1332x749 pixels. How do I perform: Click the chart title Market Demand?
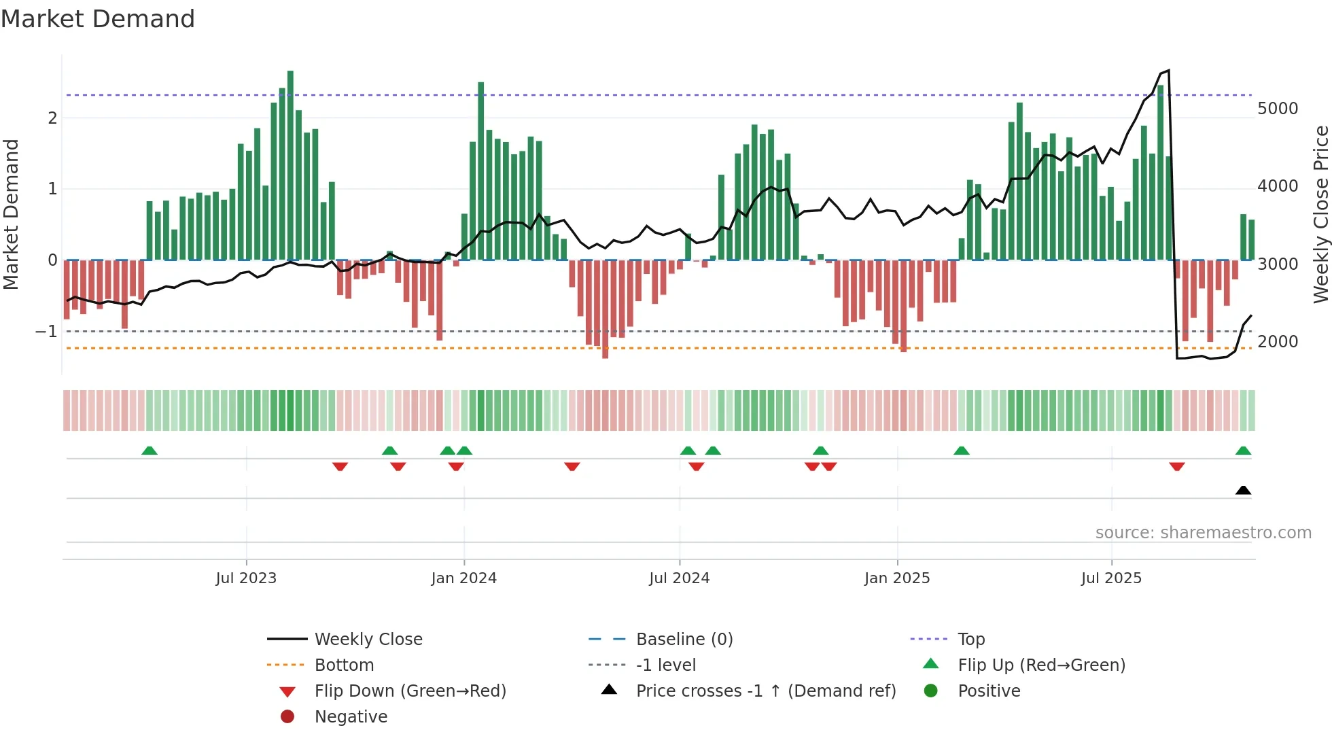pos(98,19)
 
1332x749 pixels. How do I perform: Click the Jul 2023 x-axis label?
pos(246,578)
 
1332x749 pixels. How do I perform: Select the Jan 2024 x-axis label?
pos(463,578)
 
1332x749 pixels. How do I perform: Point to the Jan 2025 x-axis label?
pos(896,578)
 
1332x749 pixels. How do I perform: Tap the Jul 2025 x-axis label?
pos(1111,578)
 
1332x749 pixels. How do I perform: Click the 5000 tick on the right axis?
pos(1277,109)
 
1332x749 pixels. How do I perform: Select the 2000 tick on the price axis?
pos(1277,342)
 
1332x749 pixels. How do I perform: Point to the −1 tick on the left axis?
pos(46,332)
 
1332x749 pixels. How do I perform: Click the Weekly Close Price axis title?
pos(1320,214)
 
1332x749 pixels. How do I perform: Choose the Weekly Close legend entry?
pos(368,640)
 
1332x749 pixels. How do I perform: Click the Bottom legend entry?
pos(344,665)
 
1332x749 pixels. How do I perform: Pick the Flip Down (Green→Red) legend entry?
pos(410,691)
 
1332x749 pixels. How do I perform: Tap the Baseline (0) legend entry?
pos(684,640)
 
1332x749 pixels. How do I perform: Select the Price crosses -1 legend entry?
pos(765,691)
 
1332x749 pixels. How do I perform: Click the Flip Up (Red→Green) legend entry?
pos(1041,665)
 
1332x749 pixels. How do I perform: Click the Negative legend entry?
pos(351,717)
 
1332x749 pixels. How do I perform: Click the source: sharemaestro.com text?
pos(1203,533)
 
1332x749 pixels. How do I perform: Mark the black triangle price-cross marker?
pos(1243,491)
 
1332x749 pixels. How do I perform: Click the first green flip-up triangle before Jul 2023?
pos(150,451)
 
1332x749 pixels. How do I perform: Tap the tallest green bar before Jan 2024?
pos(290,163)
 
